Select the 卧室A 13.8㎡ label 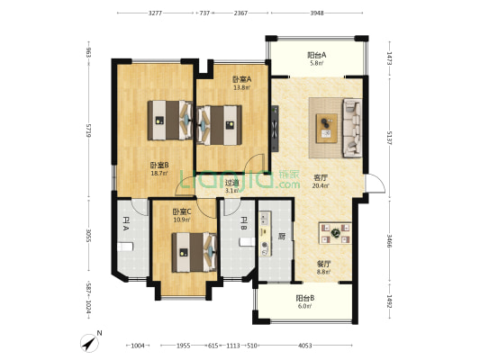coord(241,83)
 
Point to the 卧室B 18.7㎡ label coord(160,169)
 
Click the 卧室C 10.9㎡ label coord(183,216)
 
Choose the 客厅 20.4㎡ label coord(320,181)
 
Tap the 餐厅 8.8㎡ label coord(323,268)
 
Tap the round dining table coord(334,234)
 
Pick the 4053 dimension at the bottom coord(304,346)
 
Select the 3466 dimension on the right coord(388,242)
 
